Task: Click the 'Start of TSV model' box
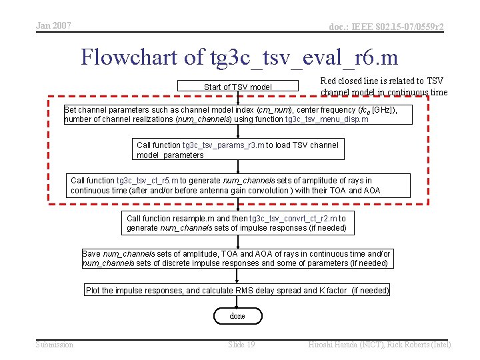pyautogui.click(x=238, y=87)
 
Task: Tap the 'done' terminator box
pyautogui.click(x=237, y=316)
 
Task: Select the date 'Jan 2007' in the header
pyautogui.click(x=53, y=26)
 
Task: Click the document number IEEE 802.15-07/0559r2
pyautogui.click(x=386, y=27)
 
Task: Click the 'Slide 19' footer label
pyautogui.click(x=241, y=344)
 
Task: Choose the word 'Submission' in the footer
pyautogui.click(x=55, y=344)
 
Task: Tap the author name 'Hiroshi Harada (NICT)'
pyautogui.click(x=345, y=344)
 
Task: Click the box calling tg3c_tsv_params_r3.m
pyautogui.click(x=238, y=150)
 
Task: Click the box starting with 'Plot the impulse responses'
pyautogui.click(x=237, y=291)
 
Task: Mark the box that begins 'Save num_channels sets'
pyautogui.click(x=237, y=259)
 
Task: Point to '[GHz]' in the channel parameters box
pyautogui.click(x=384, y=110)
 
